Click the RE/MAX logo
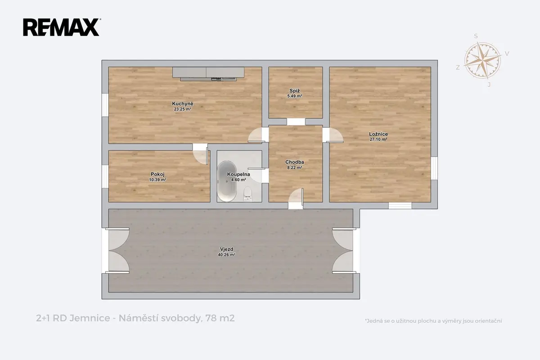(x=62, y=27)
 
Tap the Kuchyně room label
(x=183, y=103)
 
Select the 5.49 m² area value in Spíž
(x=295, y=96)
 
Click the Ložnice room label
(x=378, y=134)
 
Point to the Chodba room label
(x=295, y=162)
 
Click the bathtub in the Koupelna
(x=227, y=181)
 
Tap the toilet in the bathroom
(x=247, y=194)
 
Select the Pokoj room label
(x=157, y=174)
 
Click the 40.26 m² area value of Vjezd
(x=227, y=255)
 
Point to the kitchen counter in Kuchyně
(x=208, y=74)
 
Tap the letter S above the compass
(x=476, y=36)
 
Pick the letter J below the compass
(x=489, y=85)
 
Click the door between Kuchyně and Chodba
(x=258, y=135)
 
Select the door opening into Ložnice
(x=333, y=135)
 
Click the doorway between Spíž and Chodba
(x=296, y=122)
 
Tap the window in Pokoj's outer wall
(x=105, y=176)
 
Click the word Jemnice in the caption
(x=90, y=318)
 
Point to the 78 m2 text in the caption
(x=220, y=318)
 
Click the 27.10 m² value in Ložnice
(x=378, y=139)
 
